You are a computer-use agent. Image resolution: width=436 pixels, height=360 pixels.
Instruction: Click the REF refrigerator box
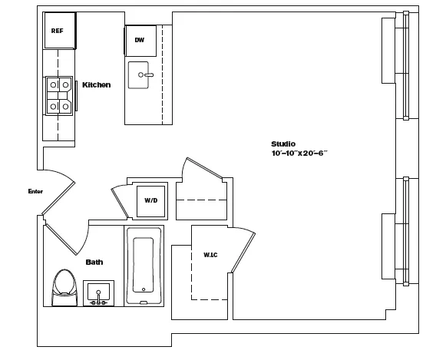(58, 31)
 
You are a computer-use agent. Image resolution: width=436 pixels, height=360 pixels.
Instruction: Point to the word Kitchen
(96, 85)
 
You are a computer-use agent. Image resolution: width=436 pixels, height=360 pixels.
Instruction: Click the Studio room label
(282, 144)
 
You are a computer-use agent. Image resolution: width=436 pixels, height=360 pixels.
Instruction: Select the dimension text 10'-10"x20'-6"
(299, 154)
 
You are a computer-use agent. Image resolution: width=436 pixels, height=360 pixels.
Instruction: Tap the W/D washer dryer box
(150, 200)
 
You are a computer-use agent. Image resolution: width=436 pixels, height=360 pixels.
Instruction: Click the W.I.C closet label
(210, 254)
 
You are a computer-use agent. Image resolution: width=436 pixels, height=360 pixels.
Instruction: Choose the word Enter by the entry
(35, 191)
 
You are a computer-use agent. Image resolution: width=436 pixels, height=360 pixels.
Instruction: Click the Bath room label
(94, 262)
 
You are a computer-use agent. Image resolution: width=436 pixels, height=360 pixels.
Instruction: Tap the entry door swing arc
(61, 192)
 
